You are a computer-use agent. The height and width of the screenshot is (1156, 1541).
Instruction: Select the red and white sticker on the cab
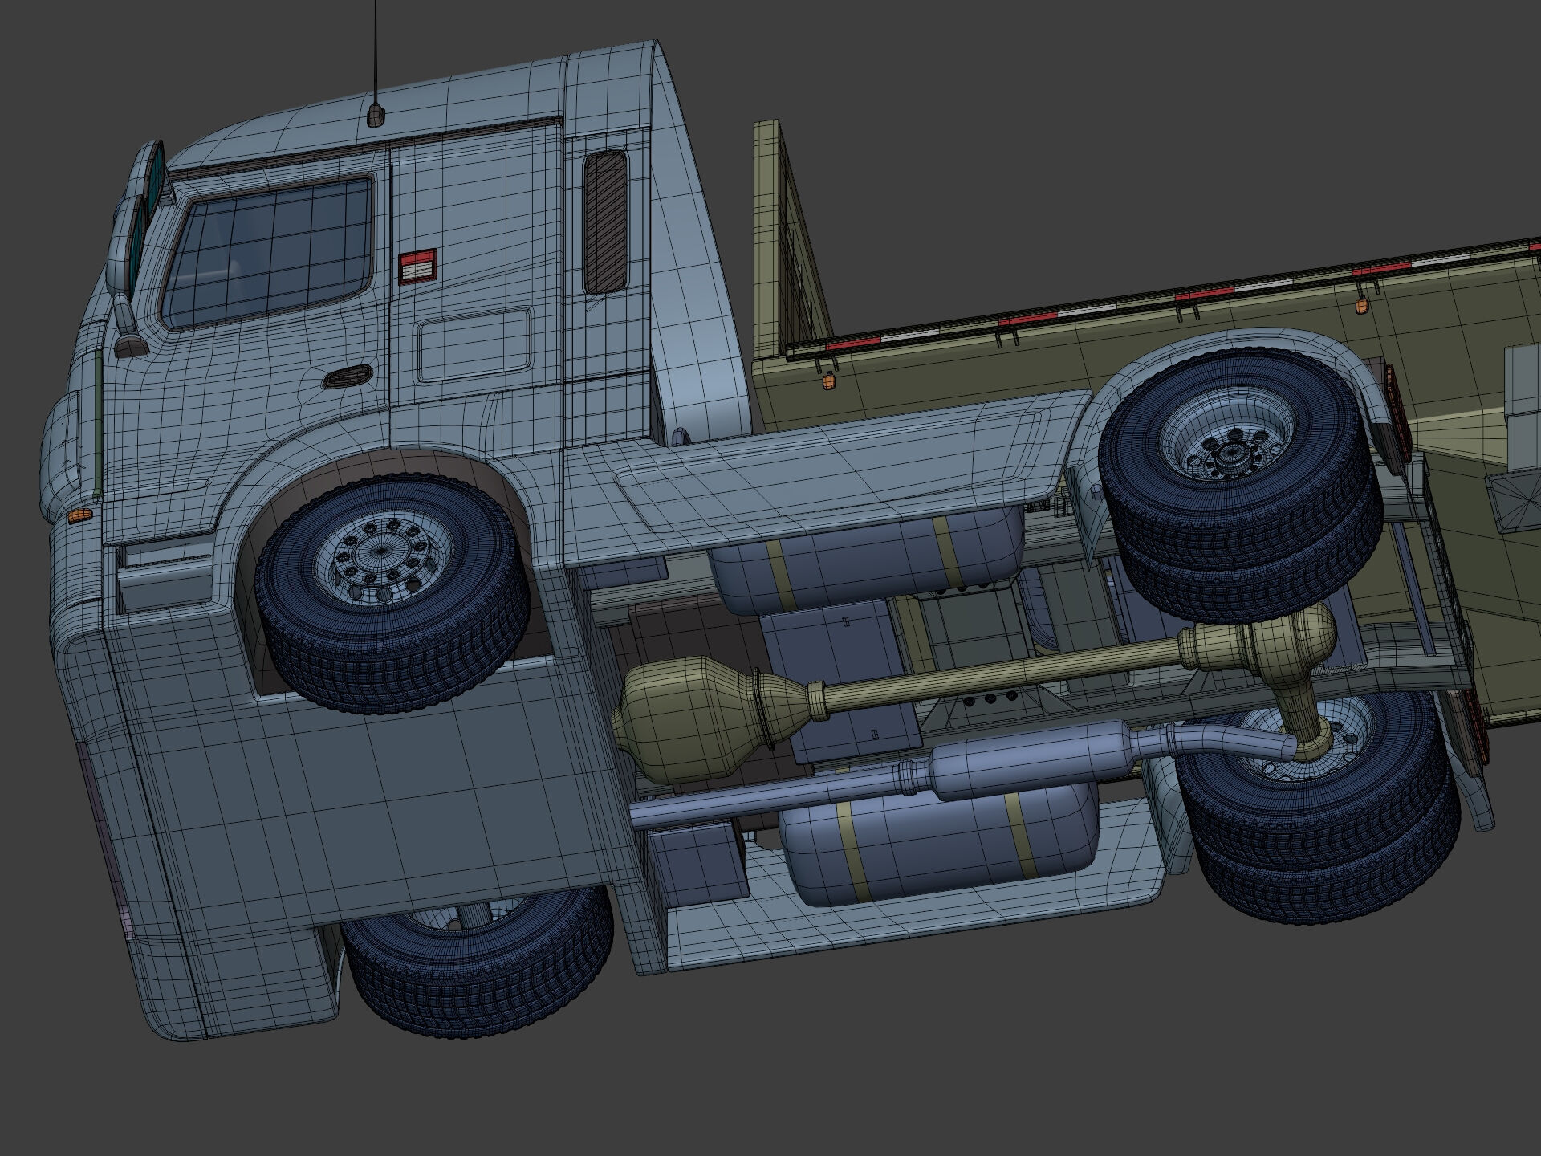pos(417,267)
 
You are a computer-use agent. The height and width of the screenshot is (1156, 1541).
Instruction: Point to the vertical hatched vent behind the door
pos(605,222)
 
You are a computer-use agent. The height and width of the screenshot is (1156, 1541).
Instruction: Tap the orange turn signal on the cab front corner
pos(79,515)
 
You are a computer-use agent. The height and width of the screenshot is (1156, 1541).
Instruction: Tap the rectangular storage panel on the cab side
pos(474,345)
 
